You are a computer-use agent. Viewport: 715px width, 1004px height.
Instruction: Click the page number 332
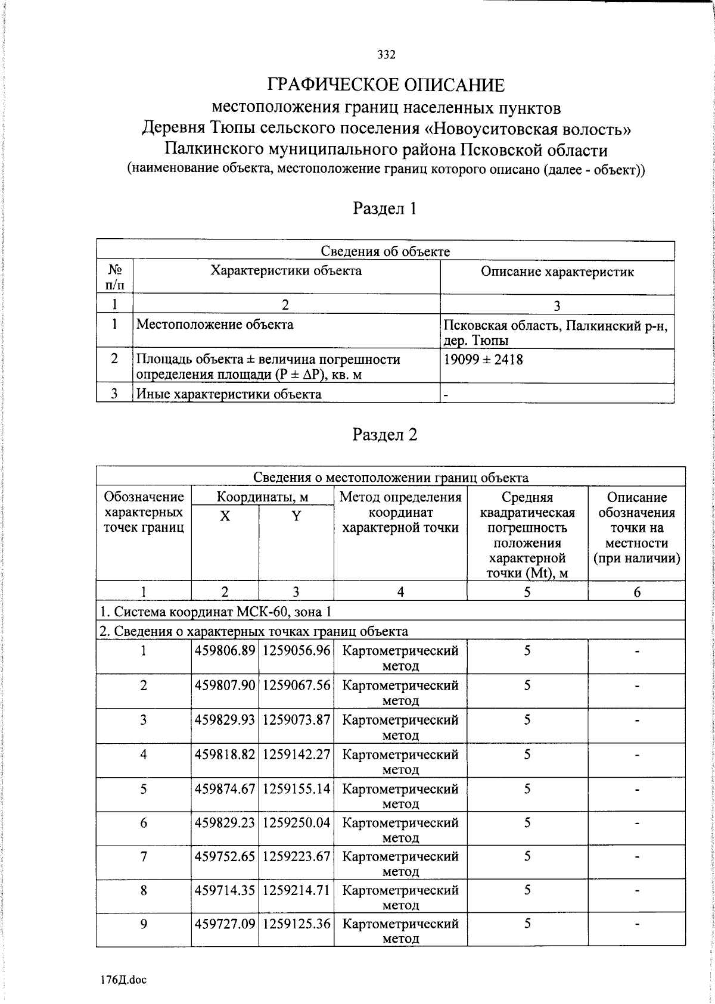click(386, 55)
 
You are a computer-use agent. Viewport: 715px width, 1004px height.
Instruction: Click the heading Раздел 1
click(385, 208)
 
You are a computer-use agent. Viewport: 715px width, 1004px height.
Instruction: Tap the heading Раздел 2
click(385, 435)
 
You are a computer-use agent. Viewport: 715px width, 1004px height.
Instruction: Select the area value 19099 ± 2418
click(484, 359)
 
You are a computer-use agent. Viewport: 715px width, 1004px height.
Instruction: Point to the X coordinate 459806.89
click(225, 651)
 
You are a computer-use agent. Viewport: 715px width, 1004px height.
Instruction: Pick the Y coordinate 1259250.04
click(296, 823)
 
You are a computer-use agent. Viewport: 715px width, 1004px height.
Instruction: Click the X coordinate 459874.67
click(225, 789)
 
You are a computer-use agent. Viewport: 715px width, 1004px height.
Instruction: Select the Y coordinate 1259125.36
click(296, 924)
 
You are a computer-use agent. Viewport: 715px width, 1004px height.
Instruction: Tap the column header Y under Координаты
click(296, 516)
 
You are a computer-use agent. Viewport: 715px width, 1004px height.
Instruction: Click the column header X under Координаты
click(225, 516)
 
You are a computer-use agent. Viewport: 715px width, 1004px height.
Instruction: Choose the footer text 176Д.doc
click(123, 980)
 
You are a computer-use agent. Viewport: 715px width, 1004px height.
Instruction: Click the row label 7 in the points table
click(144, 857)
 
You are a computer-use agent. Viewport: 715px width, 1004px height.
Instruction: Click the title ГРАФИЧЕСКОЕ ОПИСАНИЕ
click(386, 85)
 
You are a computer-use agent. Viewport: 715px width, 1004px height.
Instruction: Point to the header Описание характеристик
click(557, 272)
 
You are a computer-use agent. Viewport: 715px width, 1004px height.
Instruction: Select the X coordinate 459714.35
click(225, 890)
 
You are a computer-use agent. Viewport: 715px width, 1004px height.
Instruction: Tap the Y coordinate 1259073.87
click(296, 720)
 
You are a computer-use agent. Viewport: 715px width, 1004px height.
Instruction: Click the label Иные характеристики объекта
click(229, 394)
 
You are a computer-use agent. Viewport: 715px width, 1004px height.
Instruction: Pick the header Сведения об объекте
click(385, 251)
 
